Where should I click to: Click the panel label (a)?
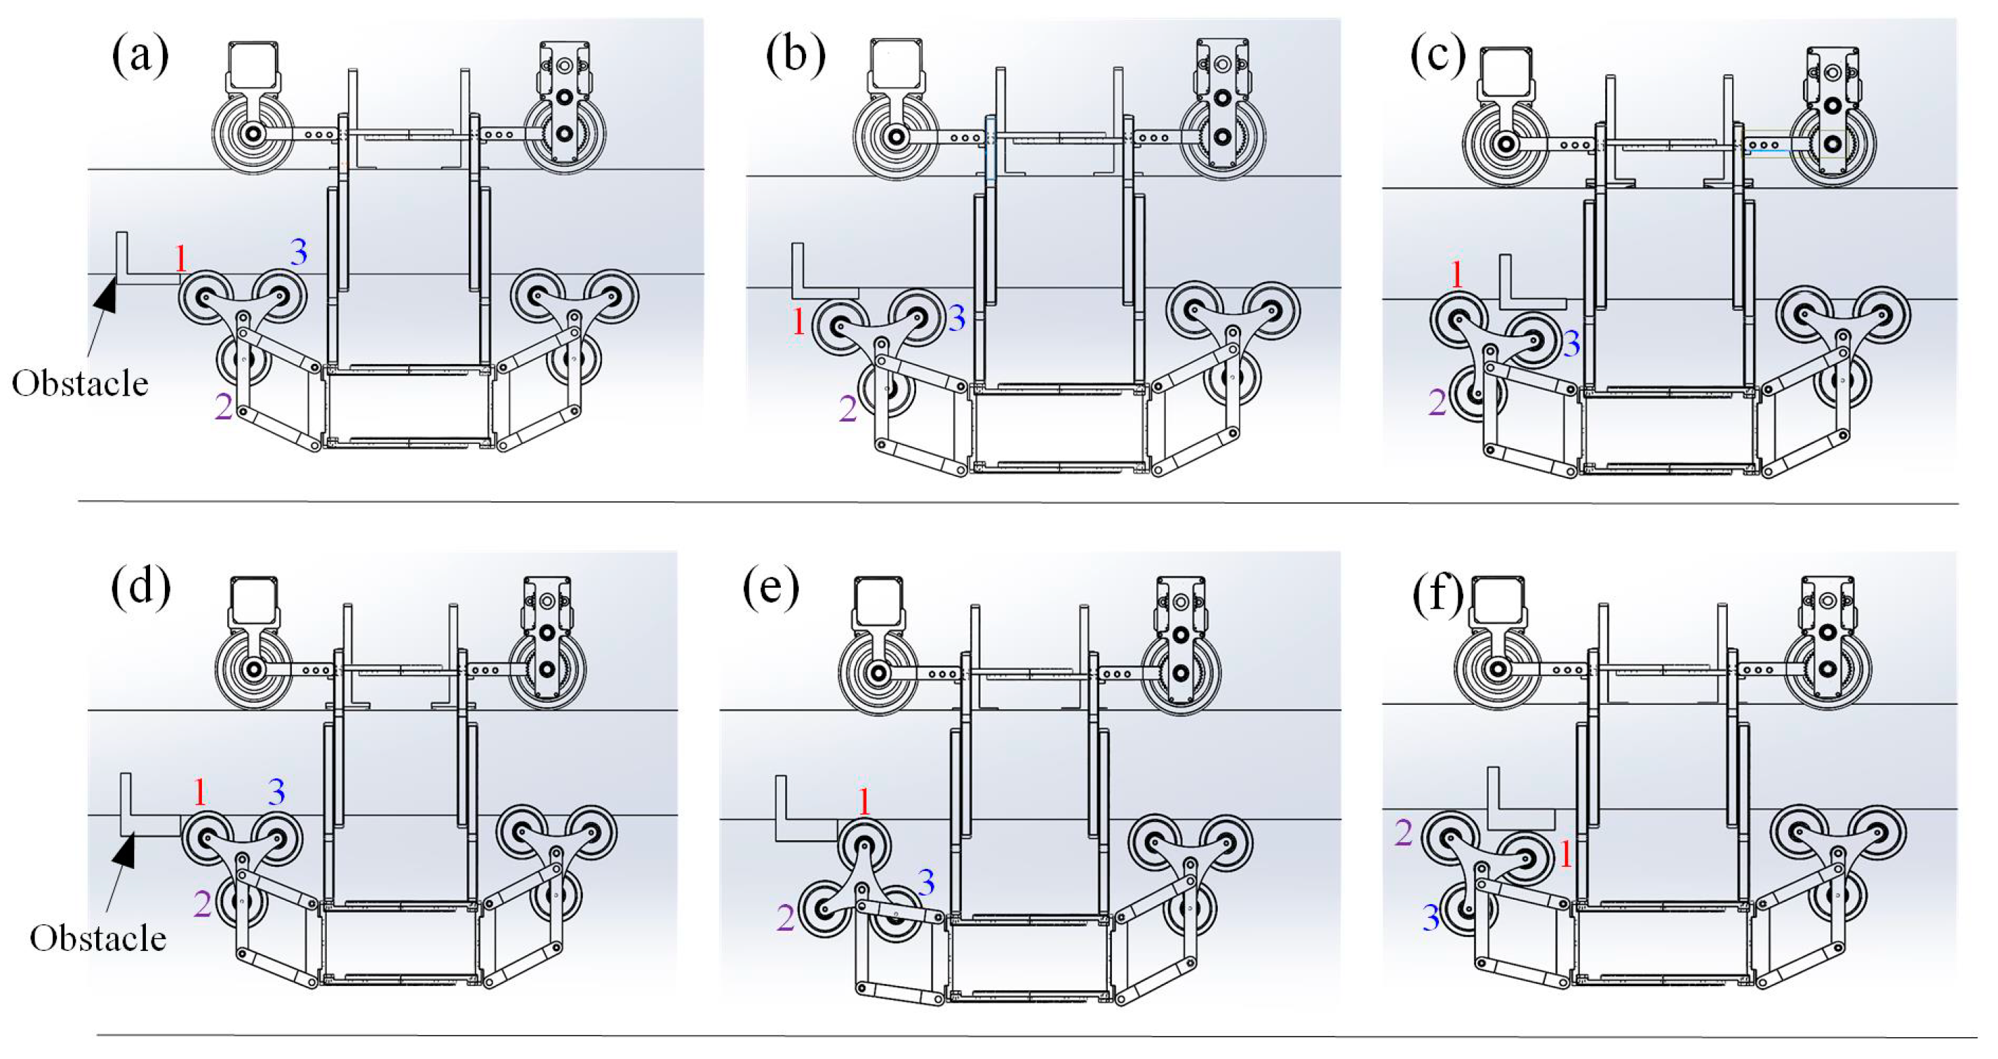140,57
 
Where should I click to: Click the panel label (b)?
795,57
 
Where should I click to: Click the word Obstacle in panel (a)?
80,384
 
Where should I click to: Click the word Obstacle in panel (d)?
98,939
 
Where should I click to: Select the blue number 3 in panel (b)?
956,318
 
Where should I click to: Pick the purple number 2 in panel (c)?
1437,403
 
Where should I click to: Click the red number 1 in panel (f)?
1565,855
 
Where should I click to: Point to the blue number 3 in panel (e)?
926,882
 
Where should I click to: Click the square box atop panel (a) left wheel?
253,66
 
